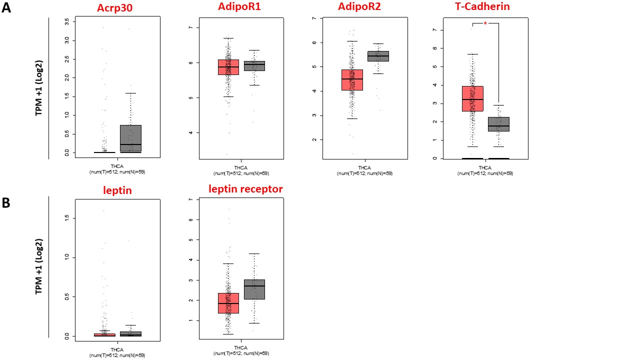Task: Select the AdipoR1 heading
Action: point(239,7)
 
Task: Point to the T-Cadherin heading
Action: point(482,7)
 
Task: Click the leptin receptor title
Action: point(245,189)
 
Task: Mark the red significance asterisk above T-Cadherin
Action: point(485,23)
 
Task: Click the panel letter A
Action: point(6,8)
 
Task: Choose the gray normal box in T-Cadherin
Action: point(498,124)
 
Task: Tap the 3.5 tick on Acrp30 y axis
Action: point(67,21)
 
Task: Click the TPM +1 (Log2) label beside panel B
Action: point(39,266)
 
